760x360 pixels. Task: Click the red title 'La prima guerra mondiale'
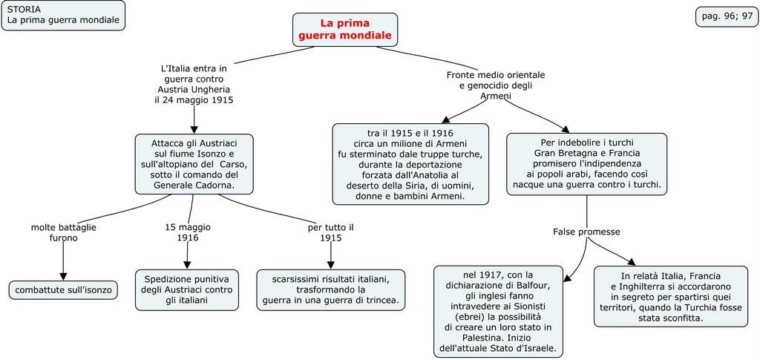[x=345, y=30]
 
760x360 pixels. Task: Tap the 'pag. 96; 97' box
[x=727, y=16]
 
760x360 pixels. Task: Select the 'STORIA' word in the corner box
[x=24, y=9]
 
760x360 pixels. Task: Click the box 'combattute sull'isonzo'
[x=63, y=289]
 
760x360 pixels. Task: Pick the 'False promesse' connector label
[x=586, y=232]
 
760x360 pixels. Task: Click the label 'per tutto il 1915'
[x=330, y=232]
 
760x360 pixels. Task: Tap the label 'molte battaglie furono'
[x=63, y=232]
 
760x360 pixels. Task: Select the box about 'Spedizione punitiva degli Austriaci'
[x=187, y=289]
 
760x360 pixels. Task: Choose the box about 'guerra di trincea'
[x=331, y=289]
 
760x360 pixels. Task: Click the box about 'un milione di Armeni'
[x=410, y=164]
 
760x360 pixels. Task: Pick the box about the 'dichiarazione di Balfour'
[x=499, y=310]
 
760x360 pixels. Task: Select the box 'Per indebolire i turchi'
[x=586, y=164]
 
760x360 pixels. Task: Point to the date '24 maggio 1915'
[x=194, y=99]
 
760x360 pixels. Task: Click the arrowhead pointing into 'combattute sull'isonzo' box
[x=63, y=276]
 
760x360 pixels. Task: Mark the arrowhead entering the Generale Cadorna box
[x=194, y=129]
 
